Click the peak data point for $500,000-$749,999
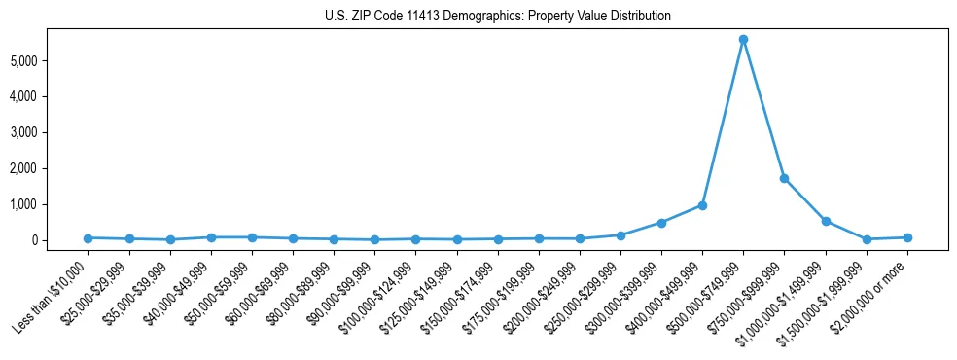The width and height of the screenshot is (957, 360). (743, 40)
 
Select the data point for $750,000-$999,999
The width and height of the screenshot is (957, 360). (784, 178)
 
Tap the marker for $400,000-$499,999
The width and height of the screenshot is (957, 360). (702, 205)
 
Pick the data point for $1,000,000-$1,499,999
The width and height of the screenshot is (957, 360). (826, 221)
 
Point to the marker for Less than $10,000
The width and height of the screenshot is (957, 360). (88, 237)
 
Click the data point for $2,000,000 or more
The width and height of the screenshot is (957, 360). (907, 237)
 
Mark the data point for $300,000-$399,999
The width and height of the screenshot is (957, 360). (661, 223)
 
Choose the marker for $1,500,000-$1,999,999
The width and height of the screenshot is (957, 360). (867, 239)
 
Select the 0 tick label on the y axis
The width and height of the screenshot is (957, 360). (60, 240)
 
